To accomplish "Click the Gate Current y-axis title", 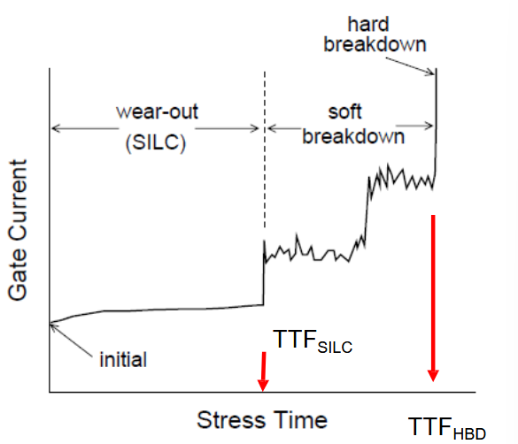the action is [17, 230].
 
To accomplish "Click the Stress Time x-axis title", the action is [262, 420].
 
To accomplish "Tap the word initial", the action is [123, 359].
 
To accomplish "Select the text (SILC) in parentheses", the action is [156, 142].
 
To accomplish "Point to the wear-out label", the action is [157, 111].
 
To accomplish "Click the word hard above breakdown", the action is [368, 24].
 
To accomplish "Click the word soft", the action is [344, 111].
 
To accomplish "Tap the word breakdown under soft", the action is [353, 136].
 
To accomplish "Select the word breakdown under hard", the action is [375, 44].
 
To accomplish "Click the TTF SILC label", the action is [313, 341].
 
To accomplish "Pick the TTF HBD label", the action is [447, 428].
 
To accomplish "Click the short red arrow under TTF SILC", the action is [263, 371].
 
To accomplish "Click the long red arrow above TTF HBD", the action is [433, 298].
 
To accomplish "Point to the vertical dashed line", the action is [264, 149].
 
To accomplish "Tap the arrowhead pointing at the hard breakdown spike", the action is [431, 73].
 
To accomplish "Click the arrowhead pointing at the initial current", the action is [54, 327].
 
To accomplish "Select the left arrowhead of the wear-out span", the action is [56, 128].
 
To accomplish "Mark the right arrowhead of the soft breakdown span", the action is [429, 126].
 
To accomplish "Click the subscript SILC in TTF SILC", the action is [335, 348].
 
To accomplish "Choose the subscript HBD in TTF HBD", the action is [469, 433].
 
